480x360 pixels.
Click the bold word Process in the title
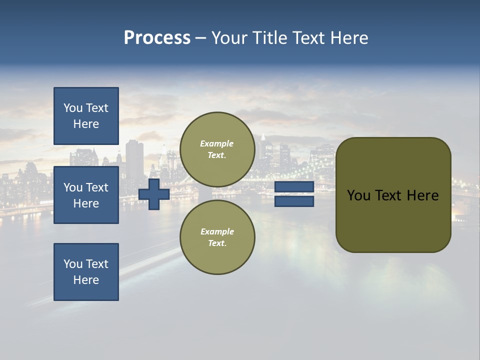click(x=157, y=38)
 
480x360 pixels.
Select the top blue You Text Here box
click(x=86, y=116)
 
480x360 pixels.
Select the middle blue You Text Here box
click(x=86, y=195)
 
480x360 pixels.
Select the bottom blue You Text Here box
click(x=86, y=271)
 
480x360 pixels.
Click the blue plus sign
click(x=154, y=194)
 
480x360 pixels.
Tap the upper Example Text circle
click(x=217, y=149)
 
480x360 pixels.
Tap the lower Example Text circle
click(x=217, y=237)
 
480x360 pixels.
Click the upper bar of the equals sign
click(x=294, y=186)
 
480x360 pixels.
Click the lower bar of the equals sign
click(x=294, y=201)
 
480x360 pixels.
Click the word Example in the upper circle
click(x=216, y=143)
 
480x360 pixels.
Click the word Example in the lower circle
click(x=216, y=231)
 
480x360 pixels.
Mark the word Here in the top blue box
click(x=86, y=124)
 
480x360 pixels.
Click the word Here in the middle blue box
click(x=86, y=203)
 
